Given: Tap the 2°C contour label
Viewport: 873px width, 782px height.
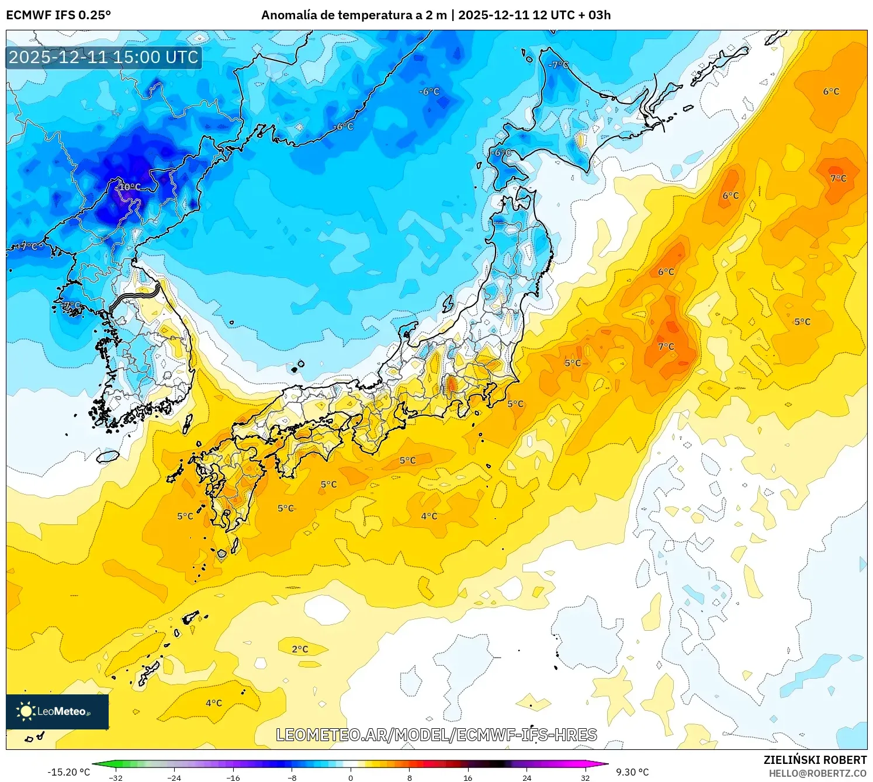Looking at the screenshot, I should [300, 649].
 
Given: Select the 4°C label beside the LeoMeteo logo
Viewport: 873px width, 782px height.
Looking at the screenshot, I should [214, 703].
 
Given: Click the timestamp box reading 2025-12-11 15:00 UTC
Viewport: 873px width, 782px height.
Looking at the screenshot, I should [104, 57].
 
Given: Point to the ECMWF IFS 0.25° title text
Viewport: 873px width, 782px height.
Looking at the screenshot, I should [58, 15].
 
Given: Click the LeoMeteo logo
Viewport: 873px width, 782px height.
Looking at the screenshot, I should [57, 711].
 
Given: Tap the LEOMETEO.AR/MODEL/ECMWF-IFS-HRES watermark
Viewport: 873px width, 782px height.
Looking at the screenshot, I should [436, 735].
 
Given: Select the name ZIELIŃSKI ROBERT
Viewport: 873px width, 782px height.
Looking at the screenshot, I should [815, 760].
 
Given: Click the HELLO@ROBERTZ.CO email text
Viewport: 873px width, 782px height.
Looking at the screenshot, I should [817, 773].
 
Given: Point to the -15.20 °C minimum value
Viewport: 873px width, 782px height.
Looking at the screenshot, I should [68, 772].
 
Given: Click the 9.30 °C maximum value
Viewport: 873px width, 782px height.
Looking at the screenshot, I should [632, 772].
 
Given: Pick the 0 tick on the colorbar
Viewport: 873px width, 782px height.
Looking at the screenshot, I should [351, 778].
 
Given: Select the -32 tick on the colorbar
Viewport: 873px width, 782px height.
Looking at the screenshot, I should [116, 778].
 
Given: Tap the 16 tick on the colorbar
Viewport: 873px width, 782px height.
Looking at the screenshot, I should [467, 778].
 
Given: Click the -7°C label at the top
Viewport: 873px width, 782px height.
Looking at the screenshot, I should [559, 65].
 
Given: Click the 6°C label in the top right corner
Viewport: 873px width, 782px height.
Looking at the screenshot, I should [831, 92].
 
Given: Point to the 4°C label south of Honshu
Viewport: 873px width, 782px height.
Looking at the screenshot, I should [429, 516].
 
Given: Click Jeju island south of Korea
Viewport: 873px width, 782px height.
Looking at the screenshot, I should [108, 456].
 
